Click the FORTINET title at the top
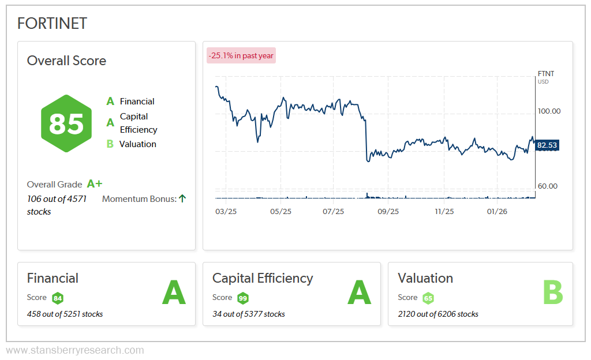[52, 24]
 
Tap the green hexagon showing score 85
[66, 123]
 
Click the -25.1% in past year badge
[241, 55]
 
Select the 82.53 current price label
[547, 145]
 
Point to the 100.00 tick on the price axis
[548, 111]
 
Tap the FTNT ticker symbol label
[545, 74]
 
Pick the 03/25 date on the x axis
[226, 212]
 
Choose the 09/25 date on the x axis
[388, 212]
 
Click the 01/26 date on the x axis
[497, 212]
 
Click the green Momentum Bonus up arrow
[182, 198]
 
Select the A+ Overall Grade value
[94, 184]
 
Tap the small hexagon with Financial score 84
[57, 298]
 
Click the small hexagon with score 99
[243, 298]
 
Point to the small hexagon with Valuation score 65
[428, 298]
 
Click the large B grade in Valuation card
[553, 292]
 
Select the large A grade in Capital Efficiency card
[359, 292]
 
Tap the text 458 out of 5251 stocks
[65, 314]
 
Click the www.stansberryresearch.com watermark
[75, 350]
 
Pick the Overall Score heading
[66, 61]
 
